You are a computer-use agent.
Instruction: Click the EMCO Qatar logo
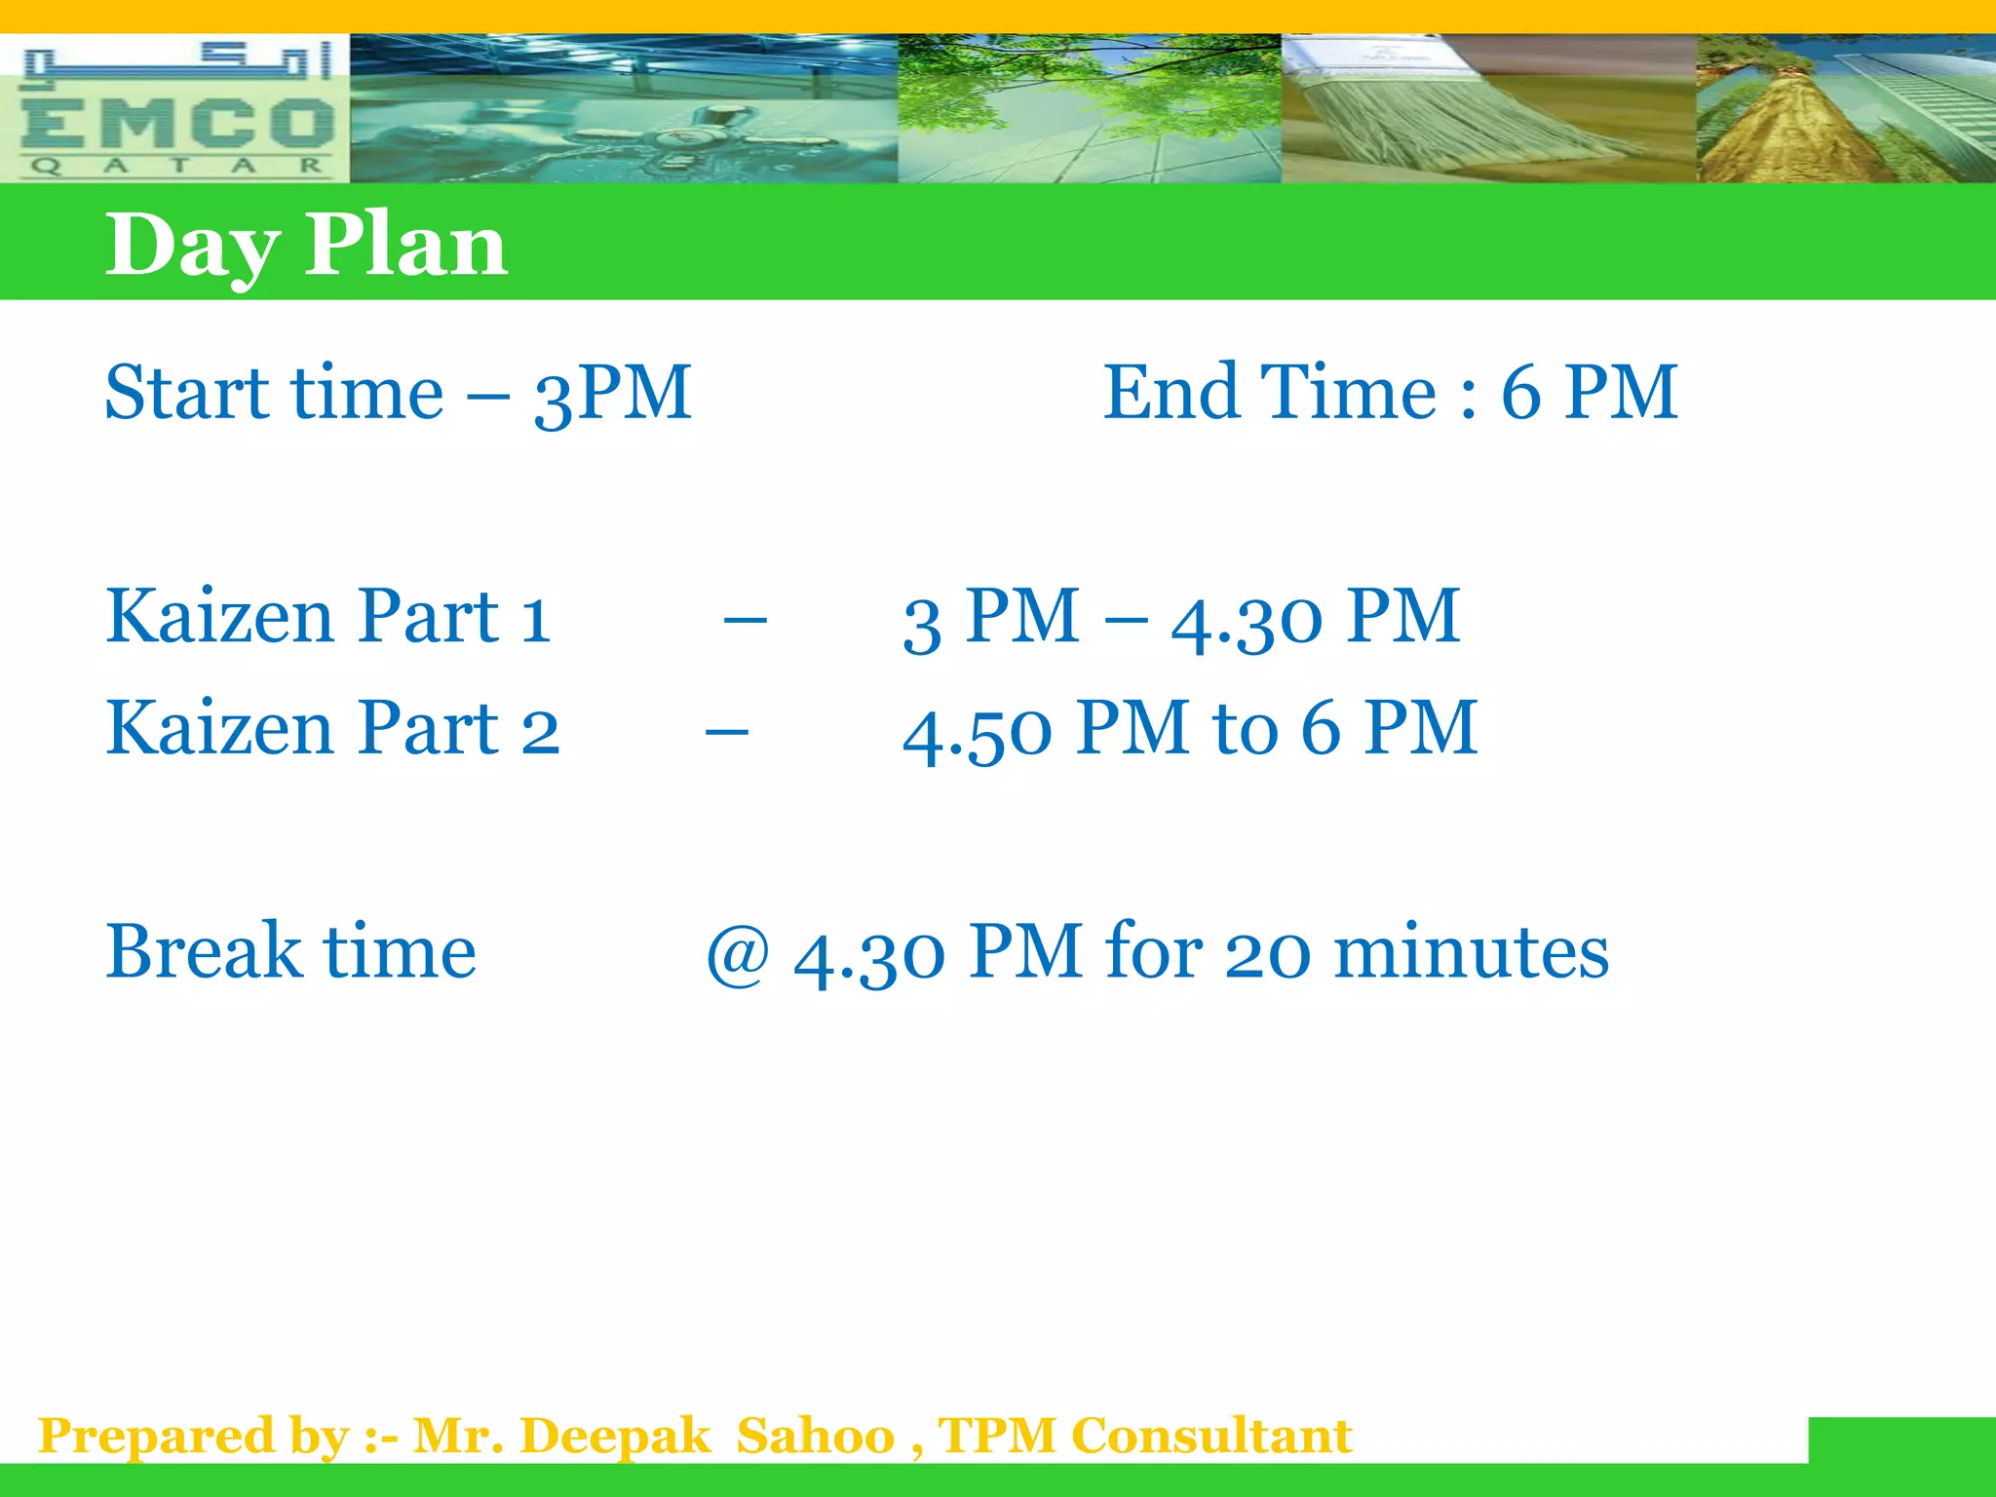click(174, 109)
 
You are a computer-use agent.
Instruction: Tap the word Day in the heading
click(192, 247)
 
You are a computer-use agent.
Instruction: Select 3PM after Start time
click(612, 393)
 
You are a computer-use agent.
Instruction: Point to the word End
click(1171, 392)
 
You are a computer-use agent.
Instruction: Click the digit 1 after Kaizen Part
click(535, 618)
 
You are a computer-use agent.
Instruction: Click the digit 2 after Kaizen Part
click(539, 730)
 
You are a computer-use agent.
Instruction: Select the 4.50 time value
click(977, 731)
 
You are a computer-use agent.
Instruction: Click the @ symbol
click(738, 953)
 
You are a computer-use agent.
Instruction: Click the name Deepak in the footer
click(615, 1436)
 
